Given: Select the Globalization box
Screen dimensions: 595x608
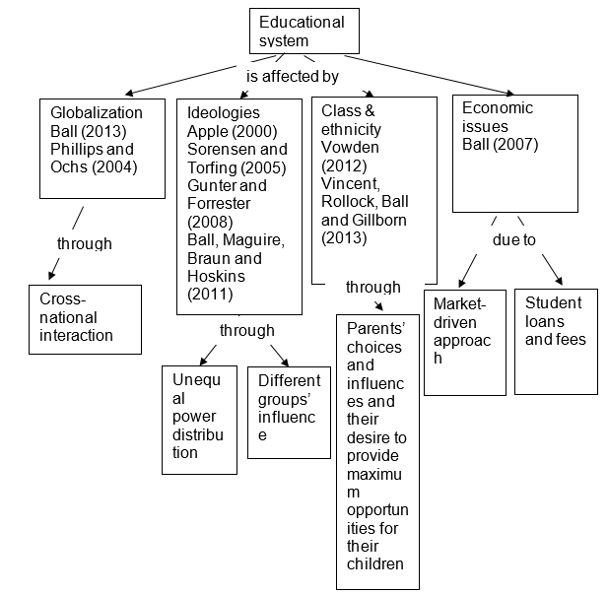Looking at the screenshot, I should click(101, 148).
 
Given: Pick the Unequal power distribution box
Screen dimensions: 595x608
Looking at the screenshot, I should click(199, 418).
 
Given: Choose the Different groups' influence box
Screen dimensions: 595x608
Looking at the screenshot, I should click(289, 412).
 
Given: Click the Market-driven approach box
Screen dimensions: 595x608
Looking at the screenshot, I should click(463, 341).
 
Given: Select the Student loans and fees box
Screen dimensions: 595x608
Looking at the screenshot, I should click(555, 341).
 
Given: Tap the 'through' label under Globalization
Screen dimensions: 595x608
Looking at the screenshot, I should click(84, 243).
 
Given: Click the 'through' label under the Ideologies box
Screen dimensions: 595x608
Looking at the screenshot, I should click(246, 330).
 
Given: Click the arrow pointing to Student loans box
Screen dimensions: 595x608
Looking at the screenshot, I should click(550, 269).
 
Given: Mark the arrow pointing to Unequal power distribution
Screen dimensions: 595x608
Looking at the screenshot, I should click(208, 353).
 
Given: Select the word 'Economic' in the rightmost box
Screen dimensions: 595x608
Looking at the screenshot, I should click(497, 108).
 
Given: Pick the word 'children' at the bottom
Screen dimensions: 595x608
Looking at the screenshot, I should click(374, 564).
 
